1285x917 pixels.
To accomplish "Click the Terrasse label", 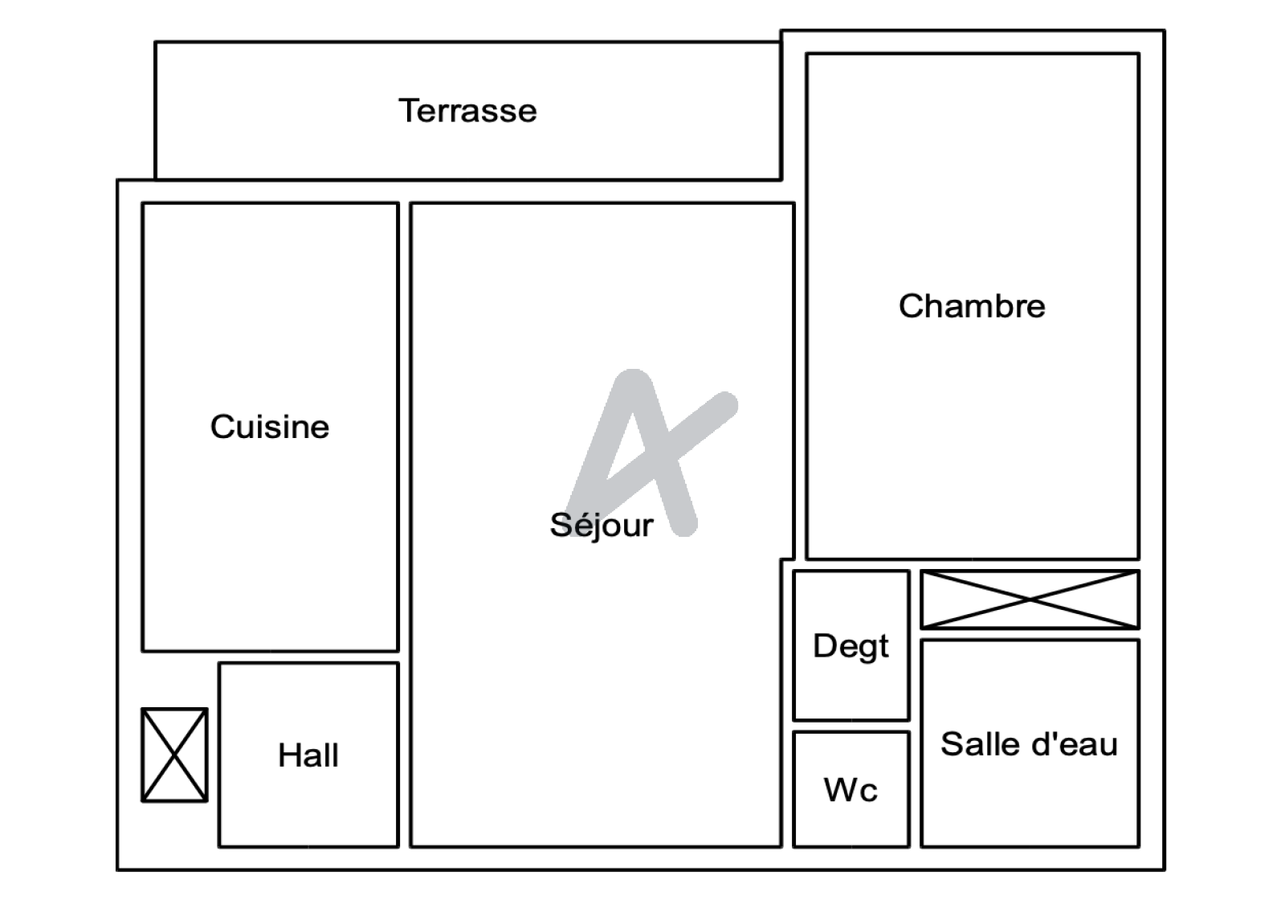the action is pyautogui.click(x=467, y=110).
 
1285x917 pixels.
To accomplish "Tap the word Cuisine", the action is pyautogui.click(x=270, y=427).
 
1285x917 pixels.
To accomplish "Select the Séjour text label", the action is pyautogui.click(x=602, y=526).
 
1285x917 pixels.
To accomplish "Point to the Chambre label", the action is pyautogui.click(x=972, y=305).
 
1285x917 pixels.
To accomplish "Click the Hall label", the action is pyautogui.click(x=308, y=755).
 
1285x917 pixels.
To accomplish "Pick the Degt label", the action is pyautogui.click(x=851, y=647).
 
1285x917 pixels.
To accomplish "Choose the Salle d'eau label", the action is pyautogui.click(x=1029, y=744).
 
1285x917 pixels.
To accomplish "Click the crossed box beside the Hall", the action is pyautogui.click(x=174, y=755).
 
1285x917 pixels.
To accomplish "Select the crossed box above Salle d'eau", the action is pyautogui.click(x=1030, y=600).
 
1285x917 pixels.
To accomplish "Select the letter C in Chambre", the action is pyautogui.click(x=912, y=305).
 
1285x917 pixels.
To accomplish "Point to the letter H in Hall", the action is pyautogui.click(x=289, y=755).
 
